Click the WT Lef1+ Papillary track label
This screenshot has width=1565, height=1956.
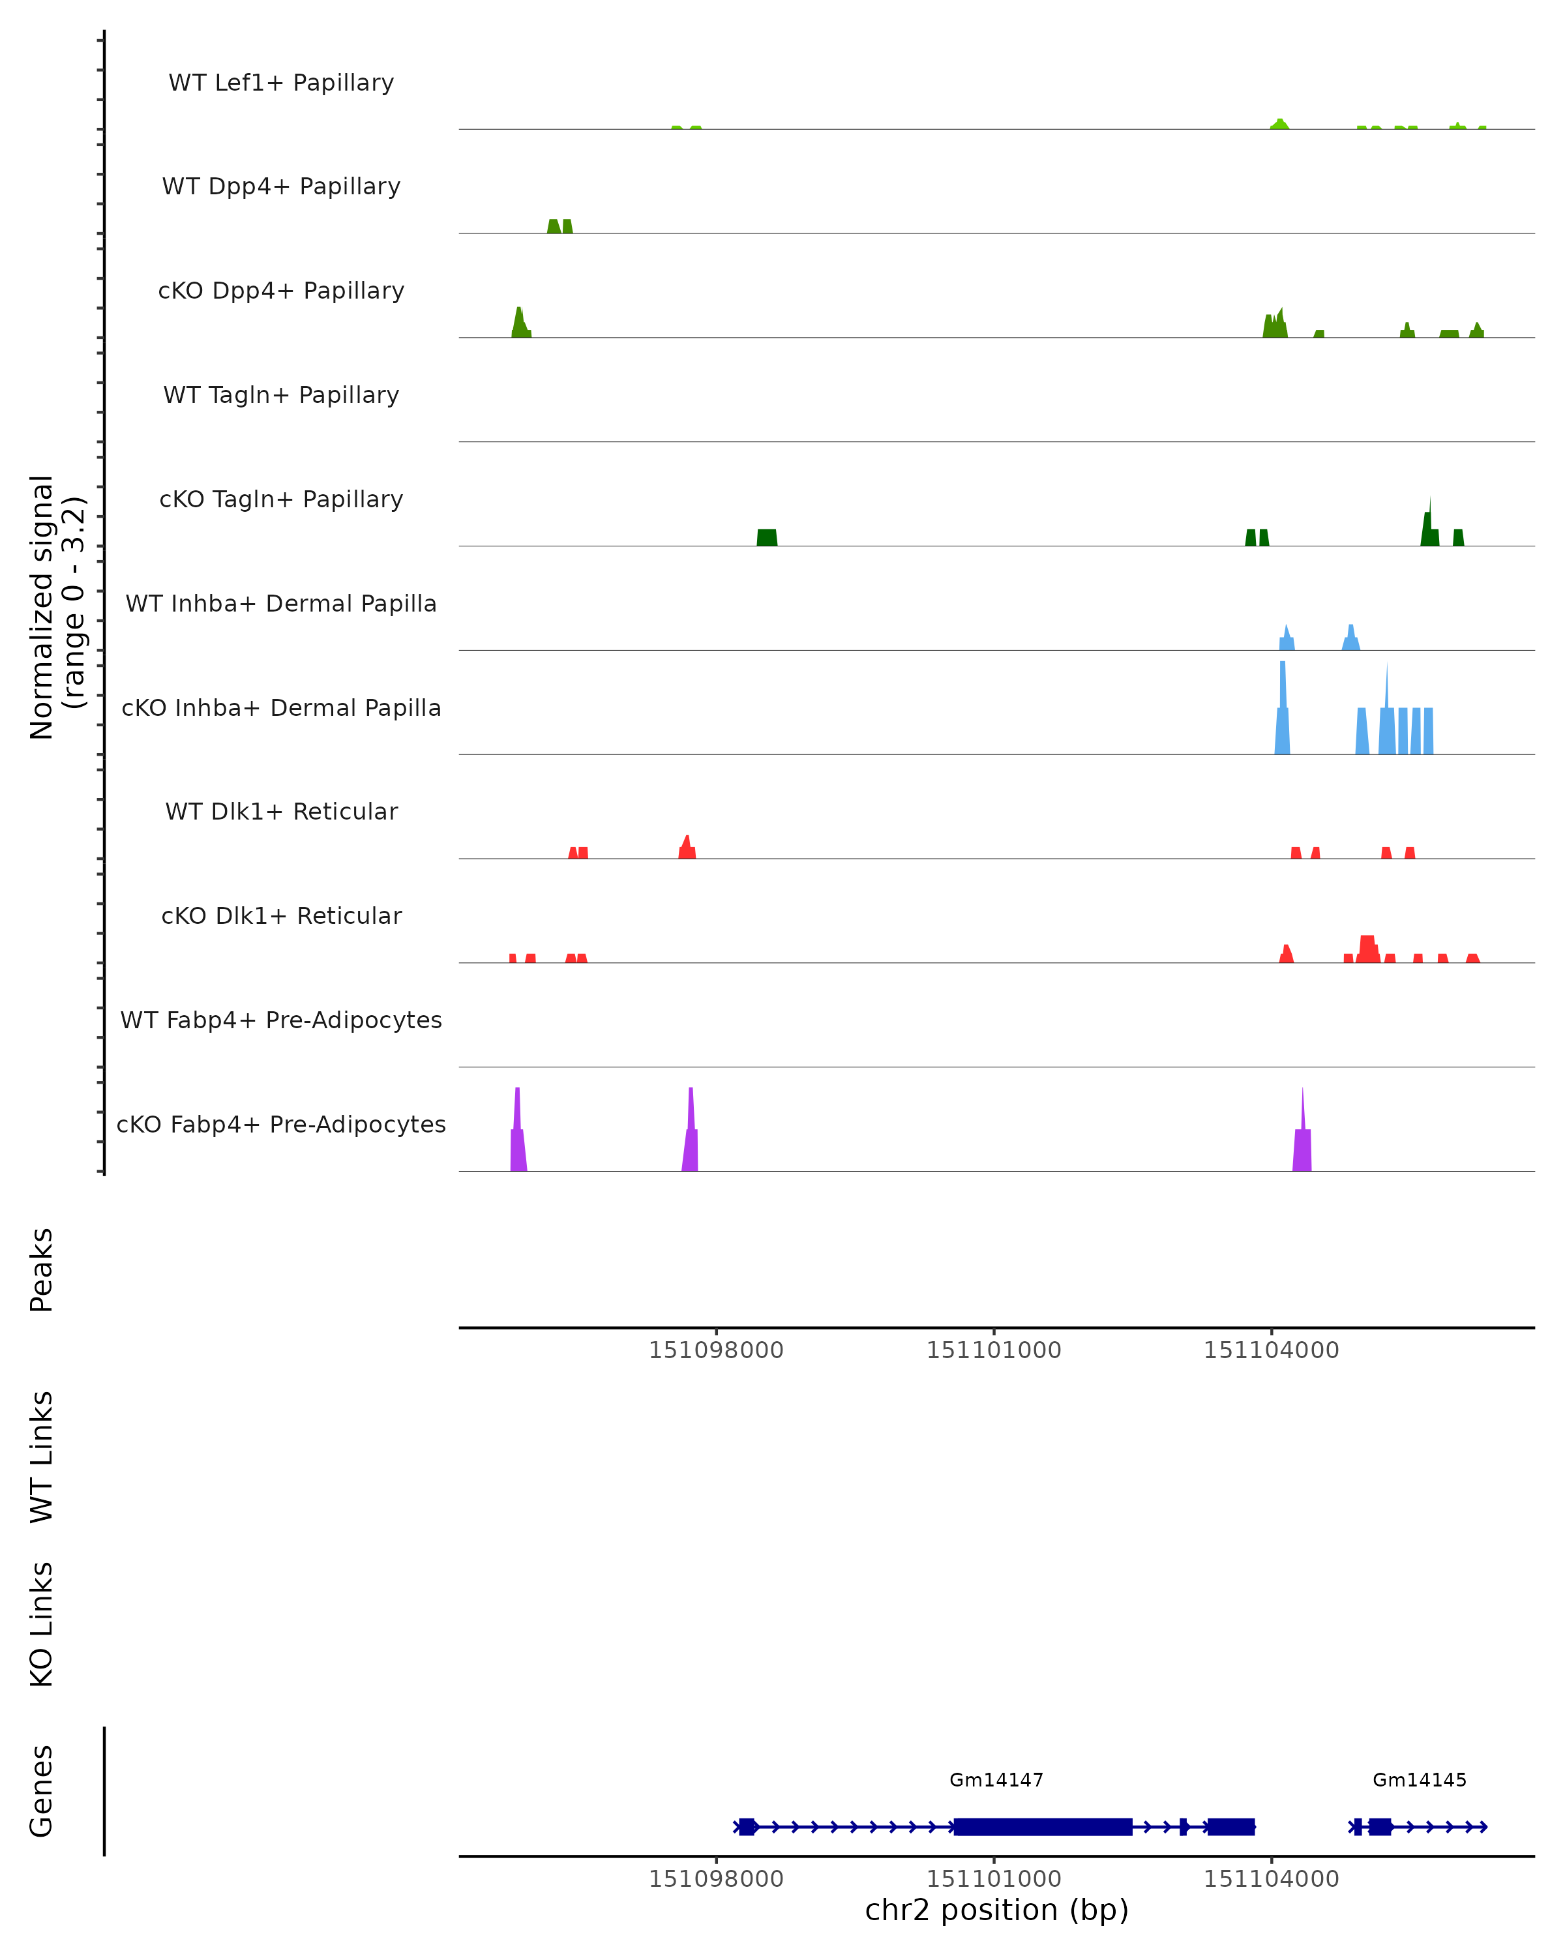tap(281, 83)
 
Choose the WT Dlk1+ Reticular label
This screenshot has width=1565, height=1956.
tap(281, 811)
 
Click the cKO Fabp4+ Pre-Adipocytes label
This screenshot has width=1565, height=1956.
tap(281, 1124)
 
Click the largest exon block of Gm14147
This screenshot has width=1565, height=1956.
tap(1043, 1826)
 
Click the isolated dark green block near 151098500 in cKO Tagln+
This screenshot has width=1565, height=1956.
tap(767, 537)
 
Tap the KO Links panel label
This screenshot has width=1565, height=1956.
tap(42, 1624)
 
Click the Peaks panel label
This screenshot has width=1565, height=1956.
tap(42, 1269)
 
